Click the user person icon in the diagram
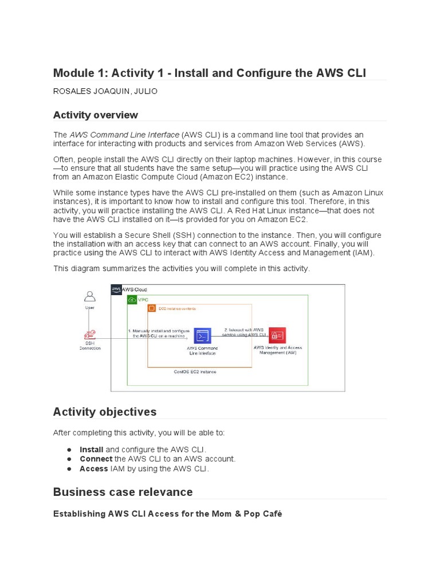point(89,296)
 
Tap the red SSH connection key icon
point(89,335)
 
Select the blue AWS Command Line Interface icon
point(202,335)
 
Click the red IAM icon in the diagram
point(278,335)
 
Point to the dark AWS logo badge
point(116,289)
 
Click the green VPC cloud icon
point(132,299)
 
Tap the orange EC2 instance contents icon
point(152,308)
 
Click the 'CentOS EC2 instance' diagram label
point(195,371)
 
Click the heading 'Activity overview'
point(95,115)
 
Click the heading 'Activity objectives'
point(104,412)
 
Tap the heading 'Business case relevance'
point(123,492)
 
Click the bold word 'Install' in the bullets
point(91,449)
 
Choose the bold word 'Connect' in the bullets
point(96,459)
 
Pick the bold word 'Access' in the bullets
point(93,469)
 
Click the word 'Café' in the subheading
point(273,514)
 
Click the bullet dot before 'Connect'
point(69,459)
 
